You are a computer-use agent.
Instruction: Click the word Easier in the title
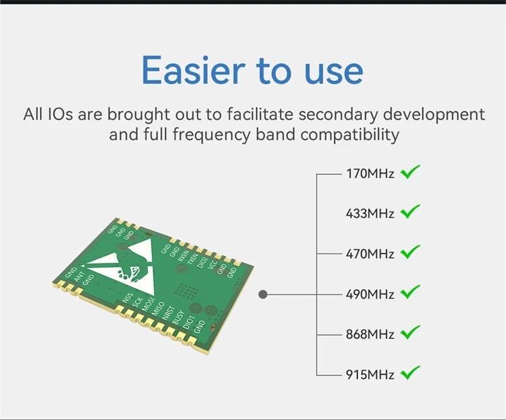click(194, 70)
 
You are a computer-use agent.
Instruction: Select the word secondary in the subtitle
click(338, 115)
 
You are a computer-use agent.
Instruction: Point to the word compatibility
click(349, 135)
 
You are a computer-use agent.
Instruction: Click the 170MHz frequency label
click(370, 173)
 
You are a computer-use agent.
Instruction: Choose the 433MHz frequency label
click(370, 214)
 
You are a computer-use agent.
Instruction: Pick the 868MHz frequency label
click(370, 334)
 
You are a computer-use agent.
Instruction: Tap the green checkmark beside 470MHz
click(410, 251)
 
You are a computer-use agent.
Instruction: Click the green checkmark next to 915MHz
click(410, 373)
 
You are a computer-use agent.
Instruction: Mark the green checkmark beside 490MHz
click(410, 292)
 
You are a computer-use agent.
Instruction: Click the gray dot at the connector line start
click(263, 294)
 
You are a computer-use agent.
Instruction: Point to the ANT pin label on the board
click(80, 277)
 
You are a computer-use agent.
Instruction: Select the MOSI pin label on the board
click(148, 305)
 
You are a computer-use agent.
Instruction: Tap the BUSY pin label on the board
click(178, 317)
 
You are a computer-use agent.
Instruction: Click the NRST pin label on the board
click(168, 313)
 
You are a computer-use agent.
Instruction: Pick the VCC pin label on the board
click(213, 265)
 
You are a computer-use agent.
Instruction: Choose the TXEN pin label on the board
click(192, 259)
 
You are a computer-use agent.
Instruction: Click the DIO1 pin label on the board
click(189, 322)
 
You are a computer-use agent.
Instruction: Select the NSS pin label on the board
click(128, 297)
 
